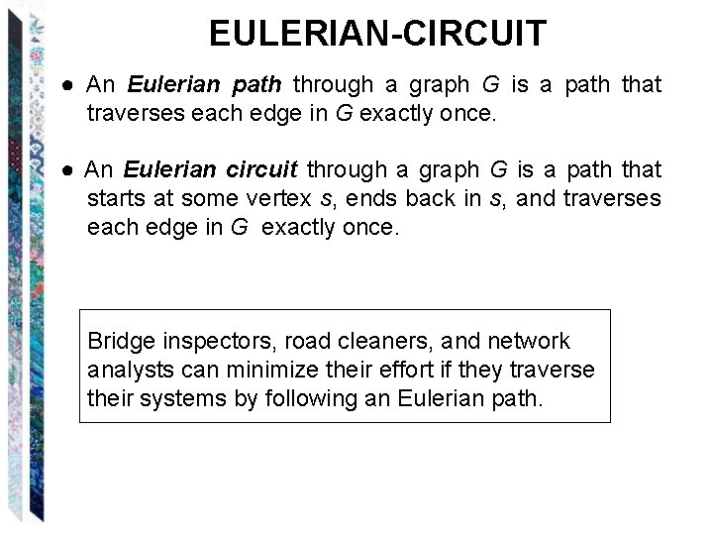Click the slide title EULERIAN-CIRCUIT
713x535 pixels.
coord(377,34)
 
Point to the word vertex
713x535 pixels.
coord(283,199)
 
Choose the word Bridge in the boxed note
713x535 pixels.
coord(122,342)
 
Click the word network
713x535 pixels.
coord(530,342)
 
